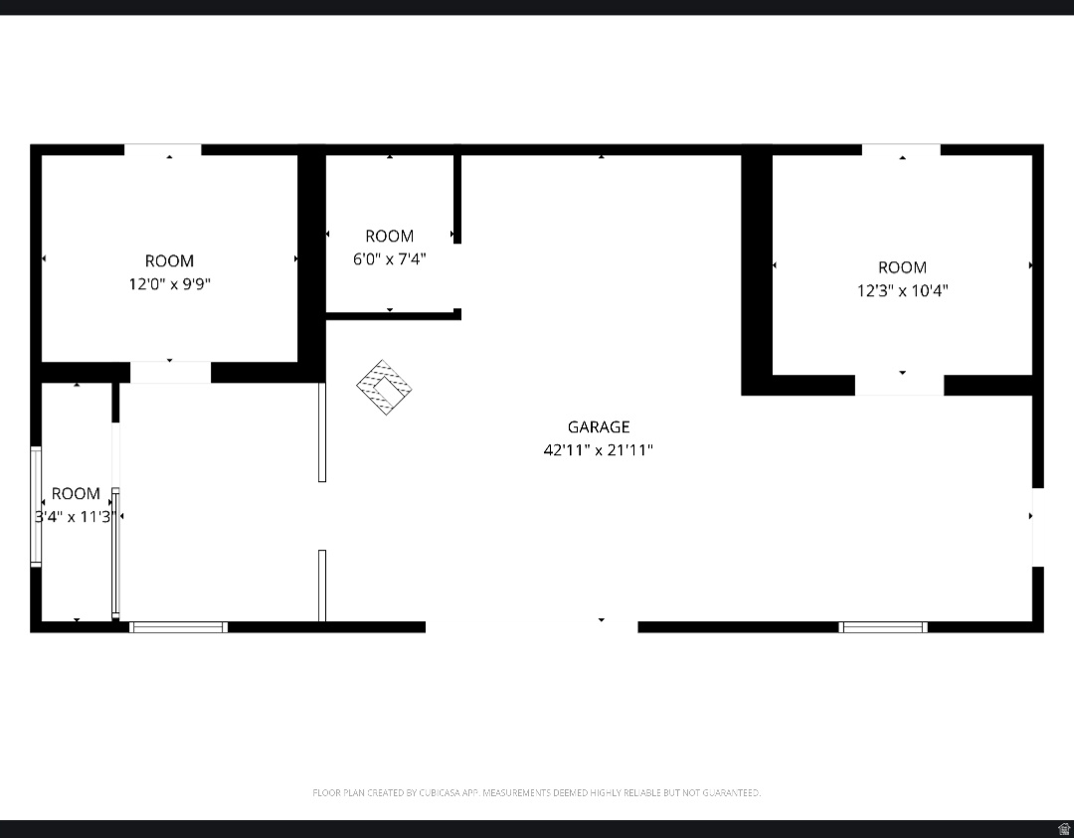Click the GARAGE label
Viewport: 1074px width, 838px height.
599,426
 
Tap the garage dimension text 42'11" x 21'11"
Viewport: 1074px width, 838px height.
599,449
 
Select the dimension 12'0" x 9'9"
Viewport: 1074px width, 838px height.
169,284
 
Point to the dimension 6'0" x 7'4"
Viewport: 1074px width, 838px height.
389,258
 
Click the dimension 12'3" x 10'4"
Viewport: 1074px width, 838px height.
902,291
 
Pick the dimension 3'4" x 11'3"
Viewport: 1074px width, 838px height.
76,516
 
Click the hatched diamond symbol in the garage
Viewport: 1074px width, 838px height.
385,388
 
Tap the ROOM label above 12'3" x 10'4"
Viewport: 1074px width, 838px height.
902,267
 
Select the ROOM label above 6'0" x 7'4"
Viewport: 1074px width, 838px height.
389,236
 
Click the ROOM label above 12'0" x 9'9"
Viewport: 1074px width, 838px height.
169,260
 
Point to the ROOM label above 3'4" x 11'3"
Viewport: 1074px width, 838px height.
76,493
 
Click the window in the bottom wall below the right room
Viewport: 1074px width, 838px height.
883,627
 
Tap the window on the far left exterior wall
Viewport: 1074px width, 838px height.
36,507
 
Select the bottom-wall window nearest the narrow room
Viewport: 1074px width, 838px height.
179,627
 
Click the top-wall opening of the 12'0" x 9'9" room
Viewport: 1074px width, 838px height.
162,150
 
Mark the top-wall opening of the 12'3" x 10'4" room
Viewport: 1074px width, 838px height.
901,150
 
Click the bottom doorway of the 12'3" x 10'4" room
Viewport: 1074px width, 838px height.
899,385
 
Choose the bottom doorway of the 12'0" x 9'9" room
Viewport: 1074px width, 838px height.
170,373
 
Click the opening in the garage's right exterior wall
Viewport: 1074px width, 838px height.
1037,527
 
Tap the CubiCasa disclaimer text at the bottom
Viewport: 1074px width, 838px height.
537,792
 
